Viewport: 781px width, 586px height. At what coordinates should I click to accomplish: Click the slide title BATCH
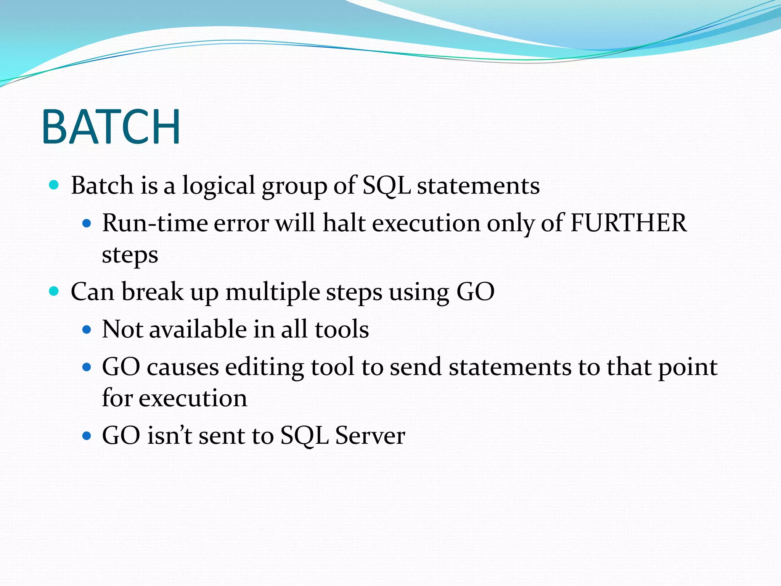click(111, 127)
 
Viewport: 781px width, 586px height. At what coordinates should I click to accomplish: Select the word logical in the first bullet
click(218, 186)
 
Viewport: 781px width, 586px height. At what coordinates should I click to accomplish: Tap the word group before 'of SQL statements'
click(294, 187)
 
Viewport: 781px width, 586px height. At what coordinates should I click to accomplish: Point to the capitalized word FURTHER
click(628, 223)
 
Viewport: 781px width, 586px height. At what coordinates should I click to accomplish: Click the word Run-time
click(154, 223)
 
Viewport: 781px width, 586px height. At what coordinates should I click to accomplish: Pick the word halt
click(344, 223)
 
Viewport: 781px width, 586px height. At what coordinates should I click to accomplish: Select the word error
click(241, 224)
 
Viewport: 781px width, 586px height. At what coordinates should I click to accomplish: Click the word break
click(152, 292)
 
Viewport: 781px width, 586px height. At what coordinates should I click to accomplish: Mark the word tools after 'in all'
click(342, 329)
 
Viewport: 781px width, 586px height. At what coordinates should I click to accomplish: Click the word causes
click(183, 367)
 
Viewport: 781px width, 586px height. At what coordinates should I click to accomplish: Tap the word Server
click(370, 435)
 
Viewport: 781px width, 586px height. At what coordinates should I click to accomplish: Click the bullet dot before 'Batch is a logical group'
click(54, 185)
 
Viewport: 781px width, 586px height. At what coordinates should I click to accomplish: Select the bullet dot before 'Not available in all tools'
click(87, 329)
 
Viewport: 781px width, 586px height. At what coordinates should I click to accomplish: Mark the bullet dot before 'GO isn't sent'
click(87, 435)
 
